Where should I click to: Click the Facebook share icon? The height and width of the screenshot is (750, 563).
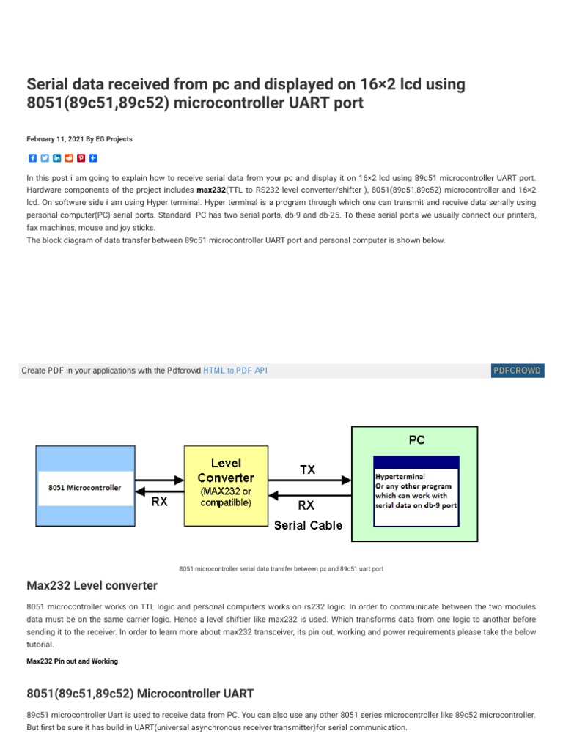tap(32, 158)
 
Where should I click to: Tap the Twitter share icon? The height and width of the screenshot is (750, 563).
tap(45, 158)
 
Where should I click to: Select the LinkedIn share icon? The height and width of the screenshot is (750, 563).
tap(57, 158)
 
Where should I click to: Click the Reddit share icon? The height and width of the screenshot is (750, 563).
tap(69, 158)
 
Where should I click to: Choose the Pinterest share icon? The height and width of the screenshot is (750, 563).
tap(81, 158)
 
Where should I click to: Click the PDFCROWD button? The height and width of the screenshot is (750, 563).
tap(518, 371)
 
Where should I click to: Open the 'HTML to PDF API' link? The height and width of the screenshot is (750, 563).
tap(235, 371)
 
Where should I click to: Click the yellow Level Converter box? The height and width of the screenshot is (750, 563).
tap(226, 483)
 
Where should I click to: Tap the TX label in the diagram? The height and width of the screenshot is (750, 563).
tap(308, 469)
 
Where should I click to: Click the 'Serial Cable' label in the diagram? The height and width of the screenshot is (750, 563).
tap(308, 525)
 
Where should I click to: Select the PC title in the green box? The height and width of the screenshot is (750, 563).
tap(416, 440)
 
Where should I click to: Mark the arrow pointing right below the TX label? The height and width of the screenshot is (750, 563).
tap(309, 480)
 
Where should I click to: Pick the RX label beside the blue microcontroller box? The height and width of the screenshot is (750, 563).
tap(159, 503)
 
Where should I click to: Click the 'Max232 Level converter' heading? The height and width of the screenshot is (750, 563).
tap(92, 586)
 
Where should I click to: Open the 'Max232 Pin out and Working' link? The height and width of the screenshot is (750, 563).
tap(72, 661)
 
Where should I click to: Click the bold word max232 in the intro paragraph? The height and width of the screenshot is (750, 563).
tap(211, 190)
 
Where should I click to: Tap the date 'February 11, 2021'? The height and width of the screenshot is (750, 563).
tap(54, 139)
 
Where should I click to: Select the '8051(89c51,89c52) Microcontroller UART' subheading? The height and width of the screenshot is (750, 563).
tap(140, 693)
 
